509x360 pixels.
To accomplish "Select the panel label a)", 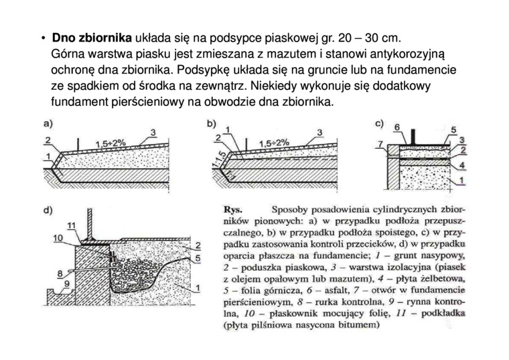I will pyautogui.click(x=48, y=123).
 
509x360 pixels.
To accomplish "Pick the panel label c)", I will pyautogui.click(x=379, y=123).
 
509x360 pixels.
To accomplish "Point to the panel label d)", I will pyautogui.click(x=48, y=210).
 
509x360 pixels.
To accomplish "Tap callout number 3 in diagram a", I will pyautogui.click(x=153, y=132).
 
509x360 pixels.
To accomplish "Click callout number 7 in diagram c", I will pyautogui.click(x=381, y=144).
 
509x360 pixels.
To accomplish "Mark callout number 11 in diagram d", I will pyautogui.click(x=72, y=223).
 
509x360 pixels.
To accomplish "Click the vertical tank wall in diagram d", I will pyautogui.click(x=100, y=221).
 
